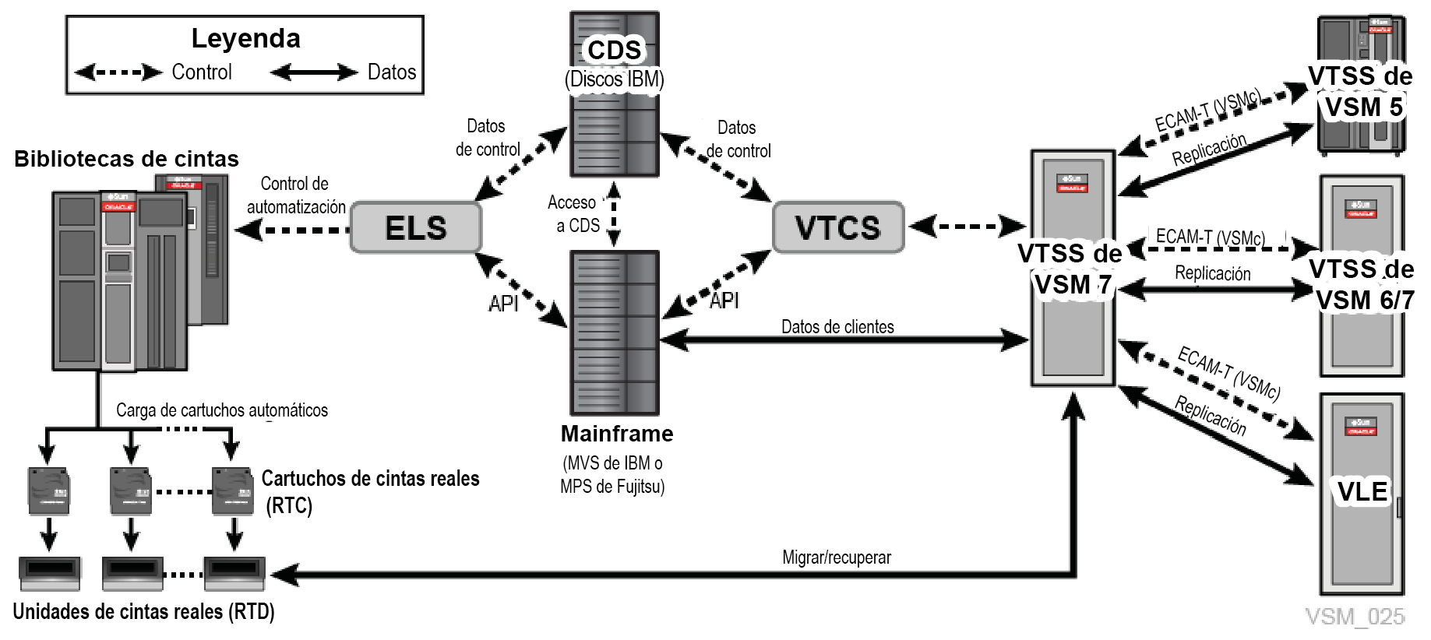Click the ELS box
(x=416, y=227)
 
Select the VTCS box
(x=837, y=227)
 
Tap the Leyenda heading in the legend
(x=245, y=38)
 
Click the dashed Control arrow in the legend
(x=118, y=72)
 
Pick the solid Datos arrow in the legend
(x=313, y=72)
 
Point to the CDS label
(x=614, y=50)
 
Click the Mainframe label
(x=617, y=434)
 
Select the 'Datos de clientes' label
(x=837, y=327)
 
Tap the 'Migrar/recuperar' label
(x=837, y=557)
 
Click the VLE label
(x=1362, y=492)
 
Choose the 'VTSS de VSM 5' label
(x=1360, y=91)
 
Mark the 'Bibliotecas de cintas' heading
(x=126, y=159)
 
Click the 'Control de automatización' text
(x=295, y=195)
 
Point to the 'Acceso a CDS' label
(x=574, y=214)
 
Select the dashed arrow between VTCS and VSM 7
(x=967, y=227)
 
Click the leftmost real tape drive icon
(x=50, y=575)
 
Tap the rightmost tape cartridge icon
(x=232, y=491)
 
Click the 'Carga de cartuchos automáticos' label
(x=222, y=410)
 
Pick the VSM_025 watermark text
(x=1355, y=617)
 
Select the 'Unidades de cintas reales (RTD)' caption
(x=144, y=612)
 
